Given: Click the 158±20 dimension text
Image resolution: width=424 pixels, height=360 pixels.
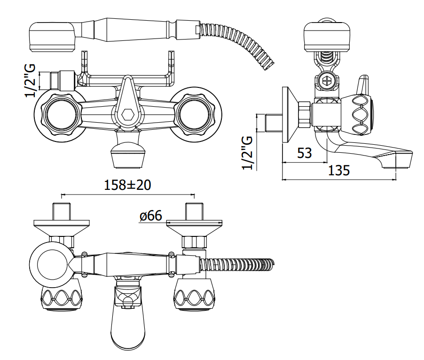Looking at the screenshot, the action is (x=128, y=185).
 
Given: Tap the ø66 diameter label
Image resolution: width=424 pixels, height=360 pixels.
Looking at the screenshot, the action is (x=151, y=216).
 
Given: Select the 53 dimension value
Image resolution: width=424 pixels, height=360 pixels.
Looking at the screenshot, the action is (x=305, y=153).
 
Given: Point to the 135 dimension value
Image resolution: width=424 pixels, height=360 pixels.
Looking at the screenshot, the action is (x=339, y=171).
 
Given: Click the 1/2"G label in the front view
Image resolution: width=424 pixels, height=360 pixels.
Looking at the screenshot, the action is (x=30, y=80).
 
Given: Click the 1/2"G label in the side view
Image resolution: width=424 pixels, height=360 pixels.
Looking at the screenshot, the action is (x=247, y=153).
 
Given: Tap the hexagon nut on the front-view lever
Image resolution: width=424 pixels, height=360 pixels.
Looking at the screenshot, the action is (x=128, y=115).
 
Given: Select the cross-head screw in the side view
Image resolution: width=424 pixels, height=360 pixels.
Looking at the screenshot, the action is (x=327, y=80).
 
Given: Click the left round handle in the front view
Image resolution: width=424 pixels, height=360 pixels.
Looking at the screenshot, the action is (x=61, y=114).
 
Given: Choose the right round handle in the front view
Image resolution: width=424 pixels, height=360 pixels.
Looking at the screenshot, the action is (x=195, y=114).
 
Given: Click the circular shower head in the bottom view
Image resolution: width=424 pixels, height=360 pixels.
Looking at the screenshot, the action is (x=52, y=264).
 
